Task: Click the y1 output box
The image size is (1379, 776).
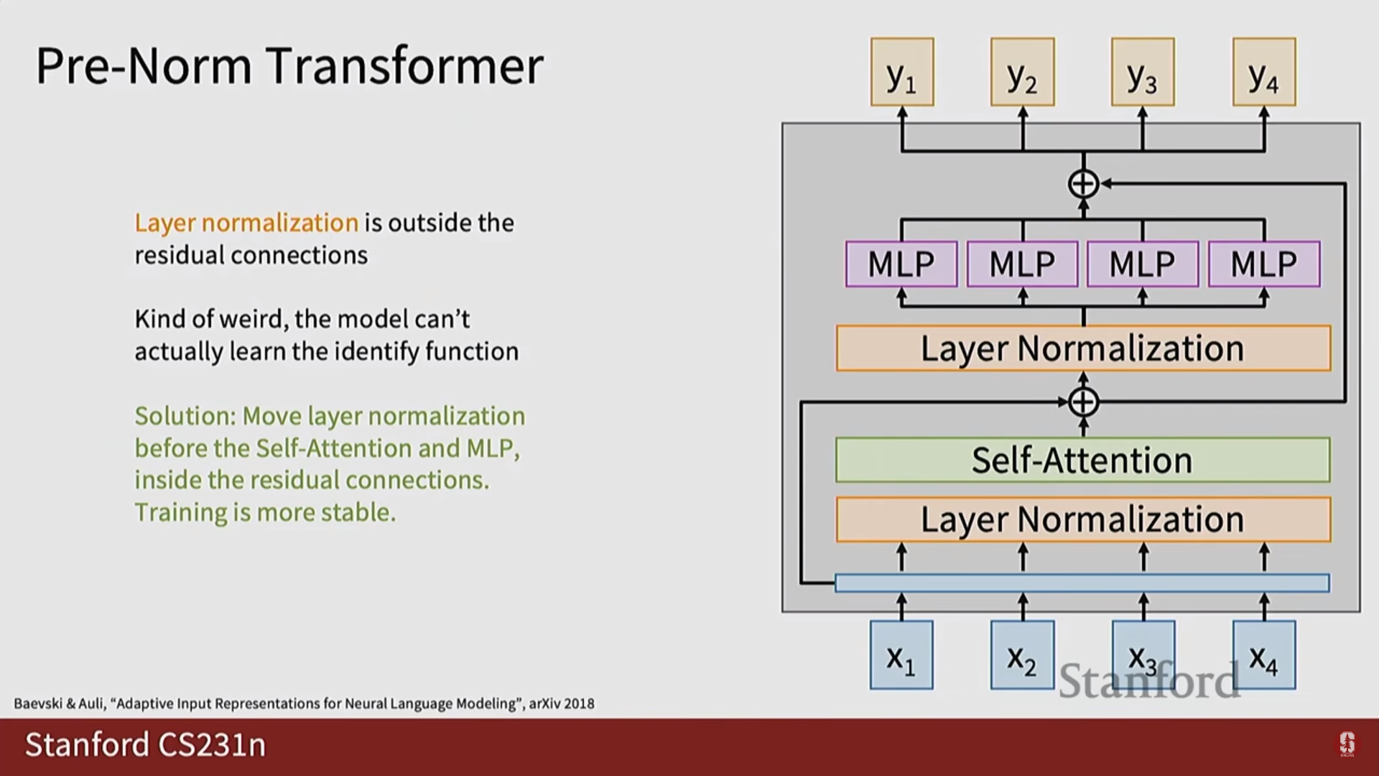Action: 902,72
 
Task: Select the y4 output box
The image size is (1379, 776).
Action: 1264,72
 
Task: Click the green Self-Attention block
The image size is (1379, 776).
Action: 1082,460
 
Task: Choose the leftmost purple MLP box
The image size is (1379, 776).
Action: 901,264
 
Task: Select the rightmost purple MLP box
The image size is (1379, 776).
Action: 1264,264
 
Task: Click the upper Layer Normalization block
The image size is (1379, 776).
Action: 1083,348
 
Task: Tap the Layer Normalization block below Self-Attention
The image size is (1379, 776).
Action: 1083,519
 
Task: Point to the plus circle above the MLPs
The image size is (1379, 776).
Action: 1083,184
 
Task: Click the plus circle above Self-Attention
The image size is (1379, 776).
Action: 1083,402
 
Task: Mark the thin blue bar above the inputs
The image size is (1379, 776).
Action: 1082,583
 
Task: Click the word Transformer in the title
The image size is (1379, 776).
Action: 404,66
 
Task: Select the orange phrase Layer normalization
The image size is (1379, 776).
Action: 246,223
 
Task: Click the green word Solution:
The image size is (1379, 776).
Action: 185,416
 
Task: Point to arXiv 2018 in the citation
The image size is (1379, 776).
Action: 562,703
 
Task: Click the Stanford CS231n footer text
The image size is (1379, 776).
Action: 145,744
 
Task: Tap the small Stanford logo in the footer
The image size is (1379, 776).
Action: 1347,744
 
